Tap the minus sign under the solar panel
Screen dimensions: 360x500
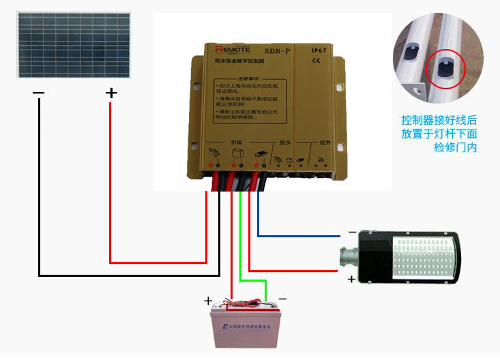[x=38, y=93]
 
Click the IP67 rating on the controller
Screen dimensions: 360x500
[x=320, y=50]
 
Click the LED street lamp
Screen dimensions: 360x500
[x=409, y=253]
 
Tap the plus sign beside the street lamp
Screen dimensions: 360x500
[x=351, y=278]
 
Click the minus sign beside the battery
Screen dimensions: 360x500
[x=282, y=299]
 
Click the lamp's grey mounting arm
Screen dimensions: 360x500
[x=351, y=256]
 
